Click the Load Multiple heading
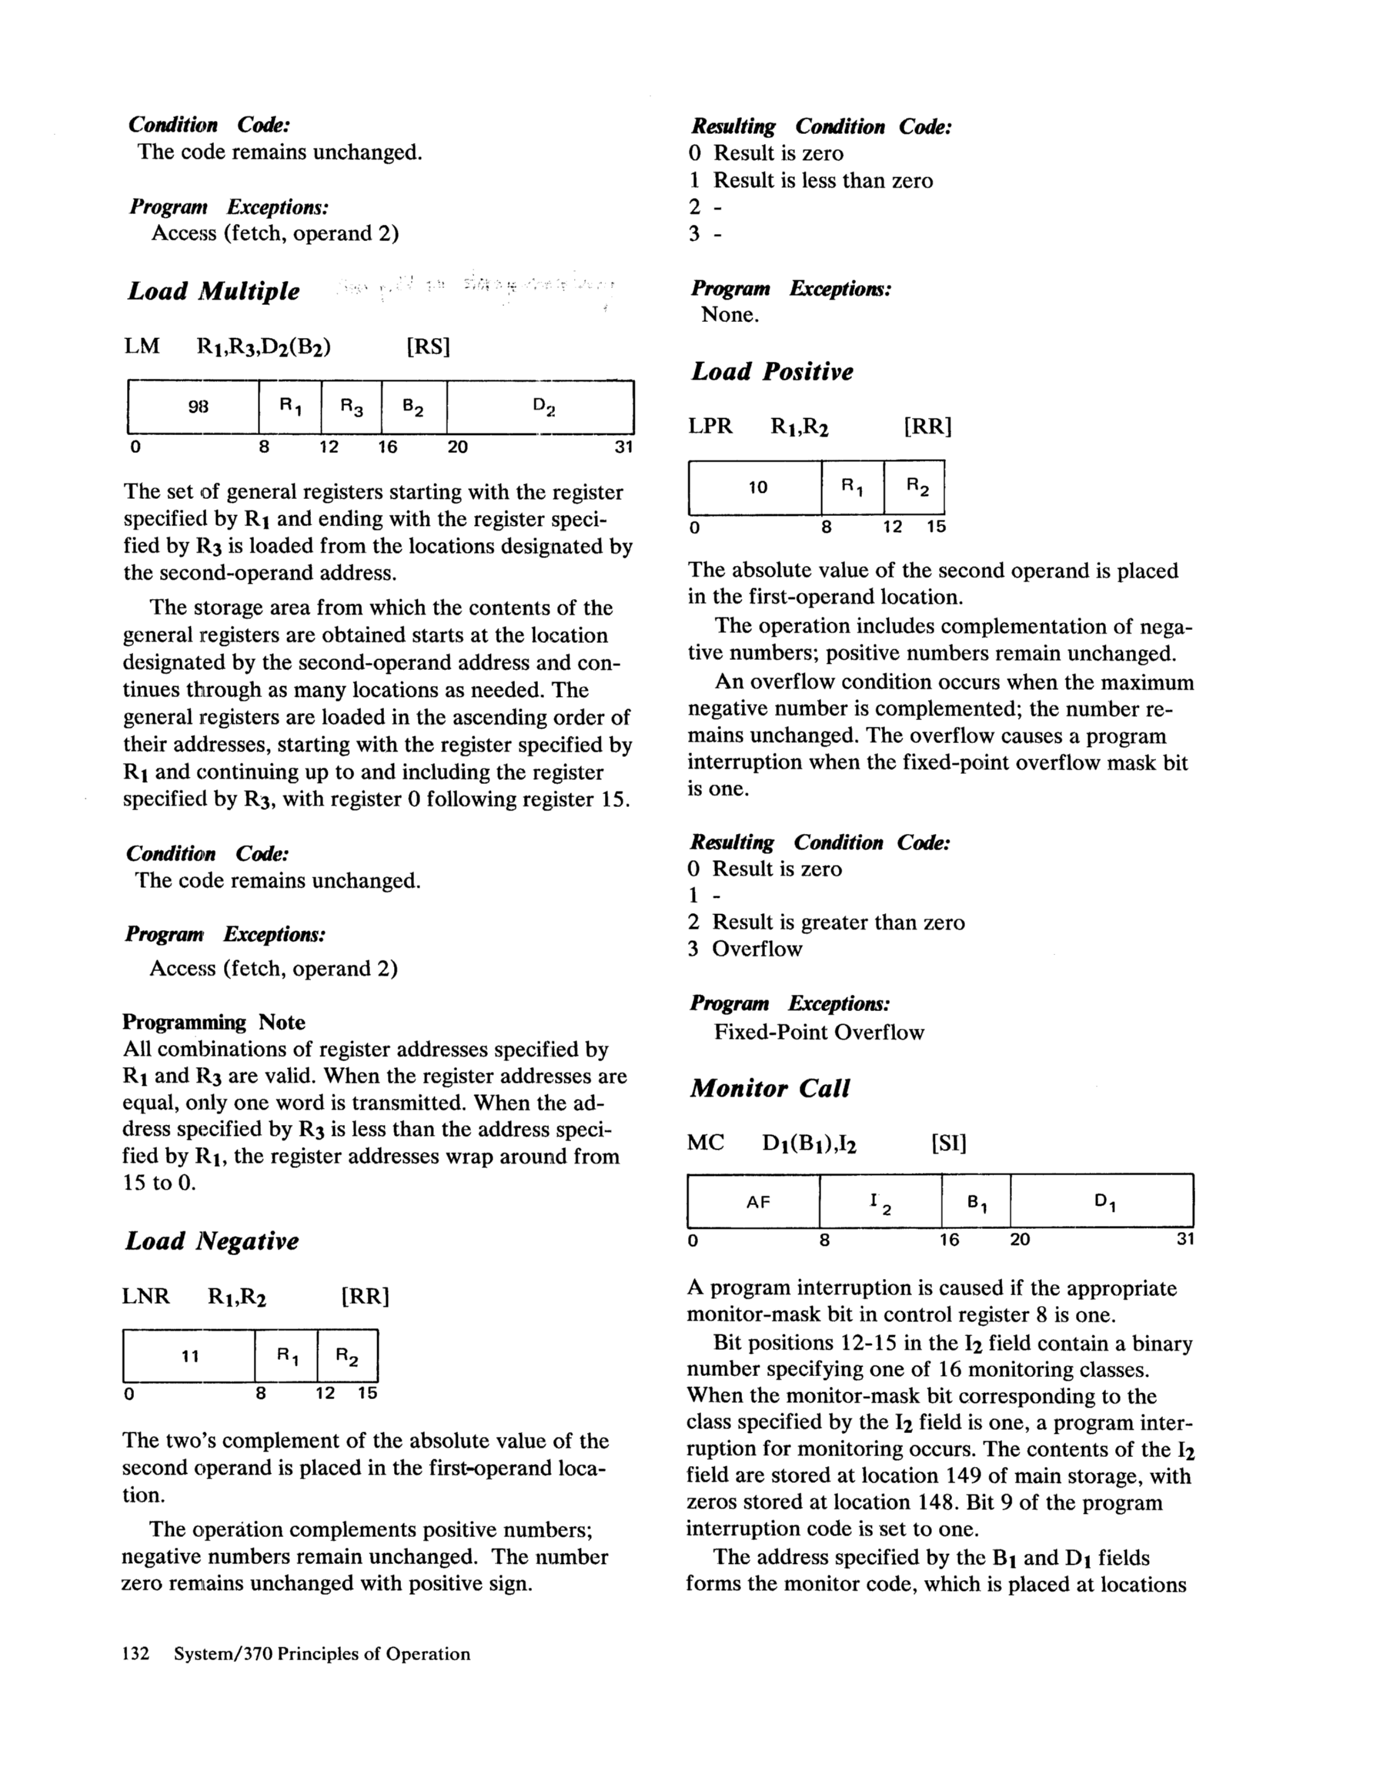point(213,291)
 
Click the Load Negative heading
point(212,1241)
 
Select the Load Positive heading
point(772,372)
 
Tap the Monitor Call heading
point(769,1089)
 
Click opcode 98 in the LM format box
point(198,407)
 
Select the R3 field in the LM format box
point(352,407)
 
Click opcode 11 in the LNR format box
point(189,1356)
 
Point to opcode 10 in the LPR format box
point(758,487)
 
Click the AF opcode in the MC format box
point(758,1201)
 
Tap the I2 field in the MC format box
point(880,1201)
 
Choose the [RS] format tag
point(427,347)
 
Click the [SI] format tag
point(948,1143)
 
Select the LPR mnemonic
point(710,427)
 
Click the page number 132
point(135,1654)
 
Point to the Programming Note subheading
point(213,1023)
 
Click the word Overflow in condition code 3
point(757,949)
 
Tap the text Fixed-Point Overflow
point(819,1033)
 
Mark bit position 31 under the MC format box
point(1185,1240)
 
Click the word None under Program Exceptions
point(730,315)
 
